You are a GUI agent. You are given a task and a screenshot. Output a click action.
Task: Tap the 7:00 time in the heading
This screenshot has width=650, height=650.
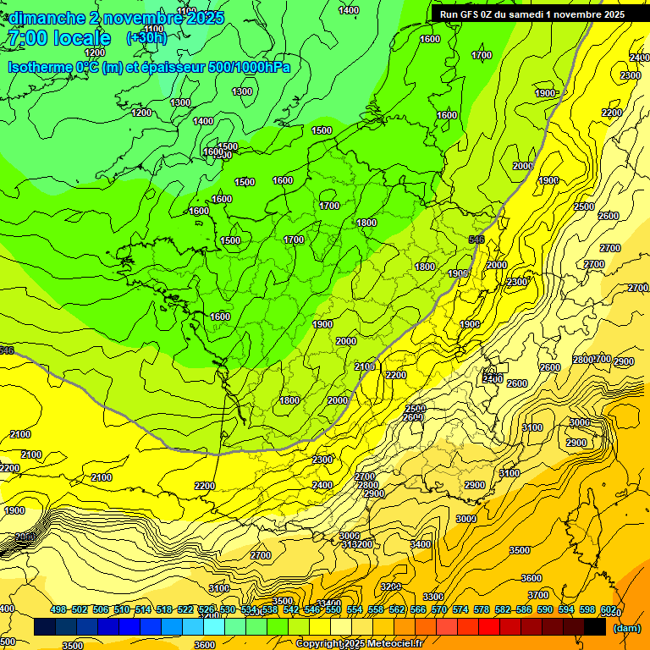tap(25, 39)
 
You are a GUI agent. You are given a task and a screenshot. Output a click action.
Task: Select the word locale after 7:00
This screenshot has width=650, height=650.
tap(81, 39)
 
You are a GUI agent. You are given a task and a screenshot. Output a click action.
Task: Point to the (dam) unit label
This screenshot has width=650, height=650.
tap(626, 629)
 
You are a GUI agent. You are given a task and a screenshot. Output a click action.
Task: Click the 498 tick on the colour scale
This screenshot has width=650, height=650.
tap(58, 610)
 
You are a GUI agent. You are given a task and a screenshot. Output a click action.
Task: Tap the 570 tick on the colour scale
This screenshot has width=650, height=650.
tap(439, 610)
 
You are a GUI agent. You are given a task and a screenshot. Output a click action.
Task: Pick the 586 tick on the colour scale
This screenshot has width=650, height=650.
tap(524, 610)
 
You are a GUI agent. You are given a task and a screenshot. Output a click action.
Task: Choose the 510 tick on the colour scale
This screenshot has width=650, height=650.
tap(122, 610)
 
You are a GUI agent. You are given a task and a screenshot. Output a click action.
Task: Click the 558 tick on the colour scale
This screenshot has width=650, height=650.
tap(376, 610)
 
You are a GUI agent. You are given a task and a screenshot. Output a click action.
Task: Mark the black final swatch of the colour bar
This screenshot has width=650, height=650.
tap(595, 628)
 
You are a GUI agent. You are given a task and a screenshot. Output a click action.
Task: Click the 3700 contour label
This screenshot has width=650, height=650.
tap(538, 595)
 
